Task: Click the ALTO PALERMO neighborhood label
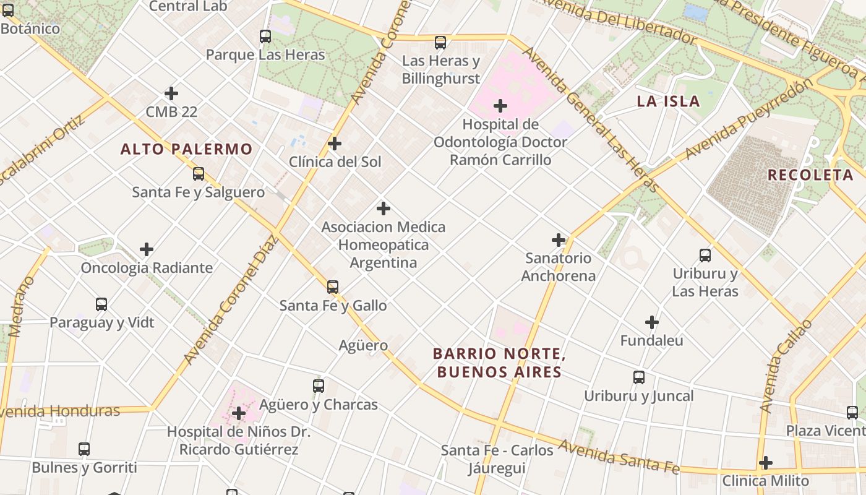coord(186,149)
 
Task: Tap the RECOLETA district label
coord(810,175)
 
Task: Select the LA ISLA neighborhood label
coord(668,101)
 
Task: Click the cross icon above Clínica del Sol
coord(335,144)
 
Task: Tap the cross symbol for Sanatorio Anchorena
coord(559,240)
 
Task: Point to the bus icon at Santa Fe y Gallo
coord(333,287)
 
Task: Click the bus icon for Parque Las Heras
coord(265,37)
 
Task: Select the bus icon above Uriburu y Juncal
coord(639,377)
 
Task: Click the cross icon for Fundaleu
coord(652,322)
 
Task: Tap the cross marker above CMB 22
coord(171,93)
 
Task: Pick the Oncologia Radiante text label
coord(147,268)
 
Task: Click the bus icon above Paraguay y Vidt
coord(101,304)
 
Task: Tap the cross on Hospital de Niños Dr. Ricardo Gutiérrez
coord(239,413)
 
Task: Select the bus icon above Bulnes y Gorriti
coord(84,449)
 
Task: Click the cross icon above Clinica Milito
coord(766,463)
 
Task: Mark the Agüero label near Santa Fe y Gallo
coord(363,345)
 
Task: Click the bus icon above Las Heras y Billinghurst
coord(440,43)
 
